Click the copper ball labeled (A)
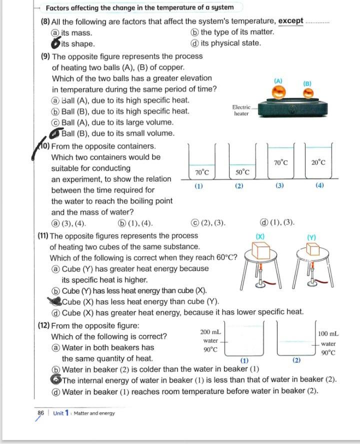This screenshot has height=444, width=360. tap(279, 91)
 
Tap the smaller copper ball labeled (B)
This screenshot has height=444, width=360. tap(308, 93)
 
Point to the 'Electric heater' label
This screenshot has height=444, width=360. tap(241, 110)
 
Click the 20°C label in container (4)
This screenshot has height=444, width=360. tap(318, 162)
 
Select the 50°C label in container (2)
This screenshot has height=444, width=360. tap(242, 172)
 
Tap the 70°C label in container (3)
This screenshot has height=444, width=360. tap(281, 162)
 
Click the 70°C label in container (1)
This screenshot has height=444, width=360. tap(201, 172)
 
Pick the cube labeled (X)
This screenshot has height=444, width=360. tap(260, 250)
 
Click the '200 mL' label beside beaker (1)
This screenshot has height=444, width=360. tap(210, 332)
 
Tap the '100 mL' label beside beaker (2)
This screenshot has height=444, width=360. tap(328, 333)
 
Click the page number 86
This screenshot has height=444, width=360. tap(41, 413)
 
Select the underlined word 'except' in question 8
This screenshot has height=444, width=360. tap(291, 21)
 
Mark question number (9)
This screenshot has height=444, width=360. tap(45, 56)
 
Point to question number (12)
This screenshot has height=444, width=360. tap(43, 325)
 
